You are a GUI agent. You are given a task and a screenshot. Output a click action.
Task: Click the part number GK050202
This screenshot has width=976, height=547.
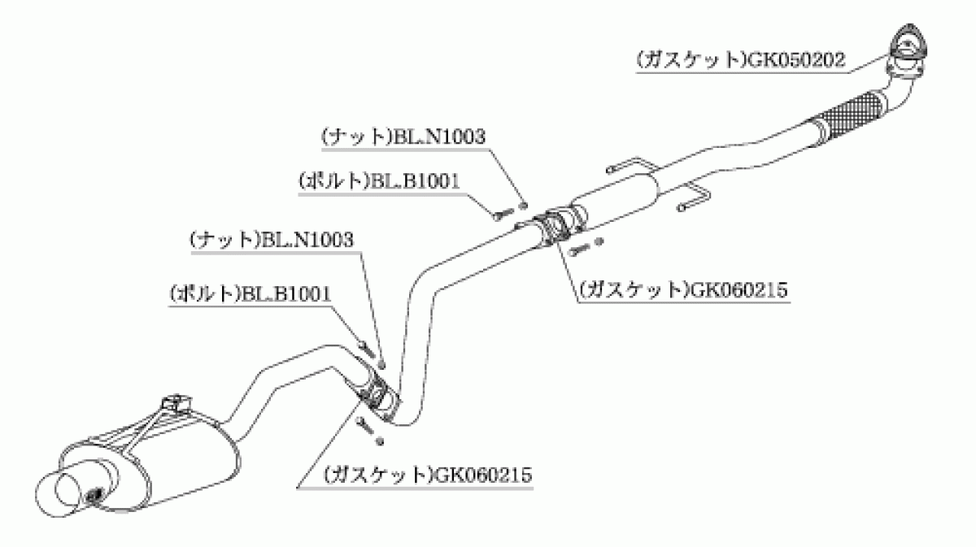click(x=796, y=60)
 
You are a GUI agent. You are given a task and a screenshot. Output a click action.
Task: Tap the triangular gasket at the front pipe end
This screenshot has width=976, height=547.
click(x=908, y=44)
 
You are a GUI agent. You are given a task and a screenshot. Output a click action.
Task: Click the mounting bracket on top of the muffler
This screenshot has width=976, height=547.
click(x=176, y=402)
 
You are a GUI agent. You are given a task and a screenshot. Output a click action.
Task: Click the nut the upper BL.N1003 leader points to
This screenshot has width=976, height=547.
click(x=524, y=205)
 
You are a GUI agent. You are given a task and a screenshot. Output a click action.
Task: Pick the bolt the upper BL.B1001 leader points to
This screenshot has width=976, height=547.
click(x=503, y=214)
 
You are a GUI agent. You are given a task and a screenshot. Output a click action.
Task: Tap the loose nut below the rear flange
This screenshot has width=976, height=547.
click(x=380, y=441)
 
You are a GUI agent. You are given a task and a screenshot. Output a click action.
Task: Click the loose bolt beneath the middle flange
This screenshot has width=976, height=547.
click(x=579, y=249)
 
